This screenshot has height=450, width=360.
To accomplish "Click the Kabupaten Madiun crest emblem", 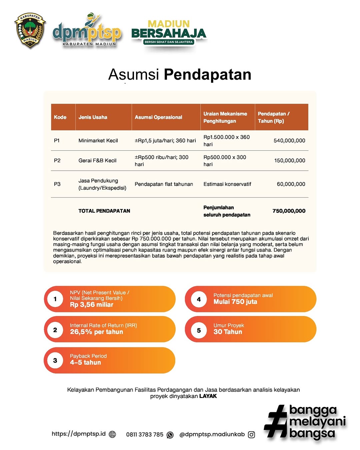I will tap(30, 31).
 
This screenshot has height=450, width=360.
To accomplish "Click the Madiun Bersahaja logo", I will tap(169, 33).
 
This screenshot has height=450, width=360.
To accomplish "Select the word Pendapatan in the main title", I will tap(207, 75).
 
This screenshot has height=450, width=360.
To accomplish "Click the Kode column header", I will tap(60, 117).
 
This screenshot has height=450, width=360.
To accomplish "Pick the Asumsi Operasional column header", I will tap(158, 117).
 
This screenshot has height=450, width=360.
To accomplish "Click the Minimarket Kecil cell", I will tap(98, 141).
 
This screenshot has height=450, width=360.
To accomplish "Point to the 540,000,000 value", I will tap(289, 141).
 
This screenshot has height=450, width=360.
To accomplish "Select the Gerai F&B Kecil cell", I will tap(97, 161).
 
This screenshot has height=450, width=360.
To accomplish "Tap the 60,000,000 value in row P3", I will tap(291, 184).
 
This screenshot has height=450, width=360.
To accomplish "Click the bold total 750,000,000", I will tap(289, 211).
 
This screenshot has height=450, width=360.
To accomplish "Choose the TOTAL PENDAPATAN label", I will tap(104, 211).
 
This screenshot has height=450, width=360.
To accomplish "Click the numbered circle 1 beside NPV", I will tap(55, 299).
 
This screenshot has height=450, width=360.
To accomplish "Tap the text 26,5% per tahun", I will tap(96, 332).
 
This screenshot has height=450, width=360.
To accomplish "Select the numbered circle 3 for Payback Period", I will tap(55, 360).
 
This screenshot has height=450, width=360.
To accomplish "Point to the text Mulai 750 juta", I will tap(235, 302).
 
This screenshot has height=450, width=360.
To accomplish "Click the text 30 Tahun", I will tap(228, 332).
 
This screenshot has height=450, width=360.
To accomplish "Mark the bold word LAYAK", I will tap(208, 396).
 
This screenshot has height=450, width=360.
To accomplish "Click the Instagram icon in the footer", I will tap(252, 435).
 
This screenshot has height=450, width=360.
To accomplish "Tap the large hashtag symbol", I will tap(276, 421).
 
